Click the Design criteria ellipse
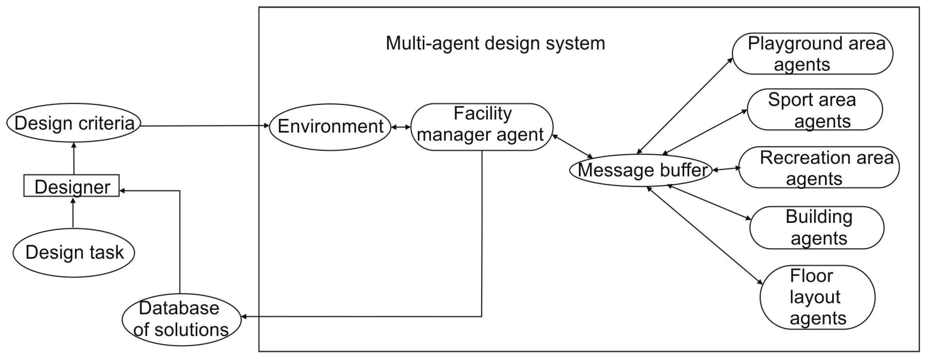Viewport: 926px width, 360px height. pos(74,123)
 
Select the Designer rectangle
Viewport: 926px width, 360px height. pos(71,186)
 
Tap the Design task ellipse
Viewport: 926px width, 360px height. pos(74,252)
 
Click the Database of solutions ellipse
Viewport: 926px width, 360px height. pos(181,319)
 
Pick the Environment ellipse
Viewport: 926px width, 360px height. pos(330,127)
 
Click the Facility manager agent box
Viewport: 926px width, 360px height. pos(481,127)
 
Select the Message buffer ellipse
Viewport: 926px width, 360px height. pos(641,170)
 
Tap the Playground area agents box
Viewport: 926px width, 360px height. pos(813,54)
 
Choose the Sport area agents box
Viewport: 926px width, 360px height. pos(815,110)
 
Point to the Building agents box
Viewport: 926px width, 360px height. pos(817,228)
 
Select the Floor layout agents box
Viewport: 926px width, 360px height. pos(817,297)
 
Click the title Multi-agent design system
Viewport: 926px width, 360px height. pos(496,44)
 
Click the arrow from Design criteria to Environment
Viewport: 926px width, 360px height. pos(205,126)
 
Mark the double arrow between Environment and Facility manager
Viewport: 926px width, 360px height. pos(401,127)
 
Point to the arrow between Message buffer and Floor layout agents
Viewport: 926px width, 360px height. pos(705,235)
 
